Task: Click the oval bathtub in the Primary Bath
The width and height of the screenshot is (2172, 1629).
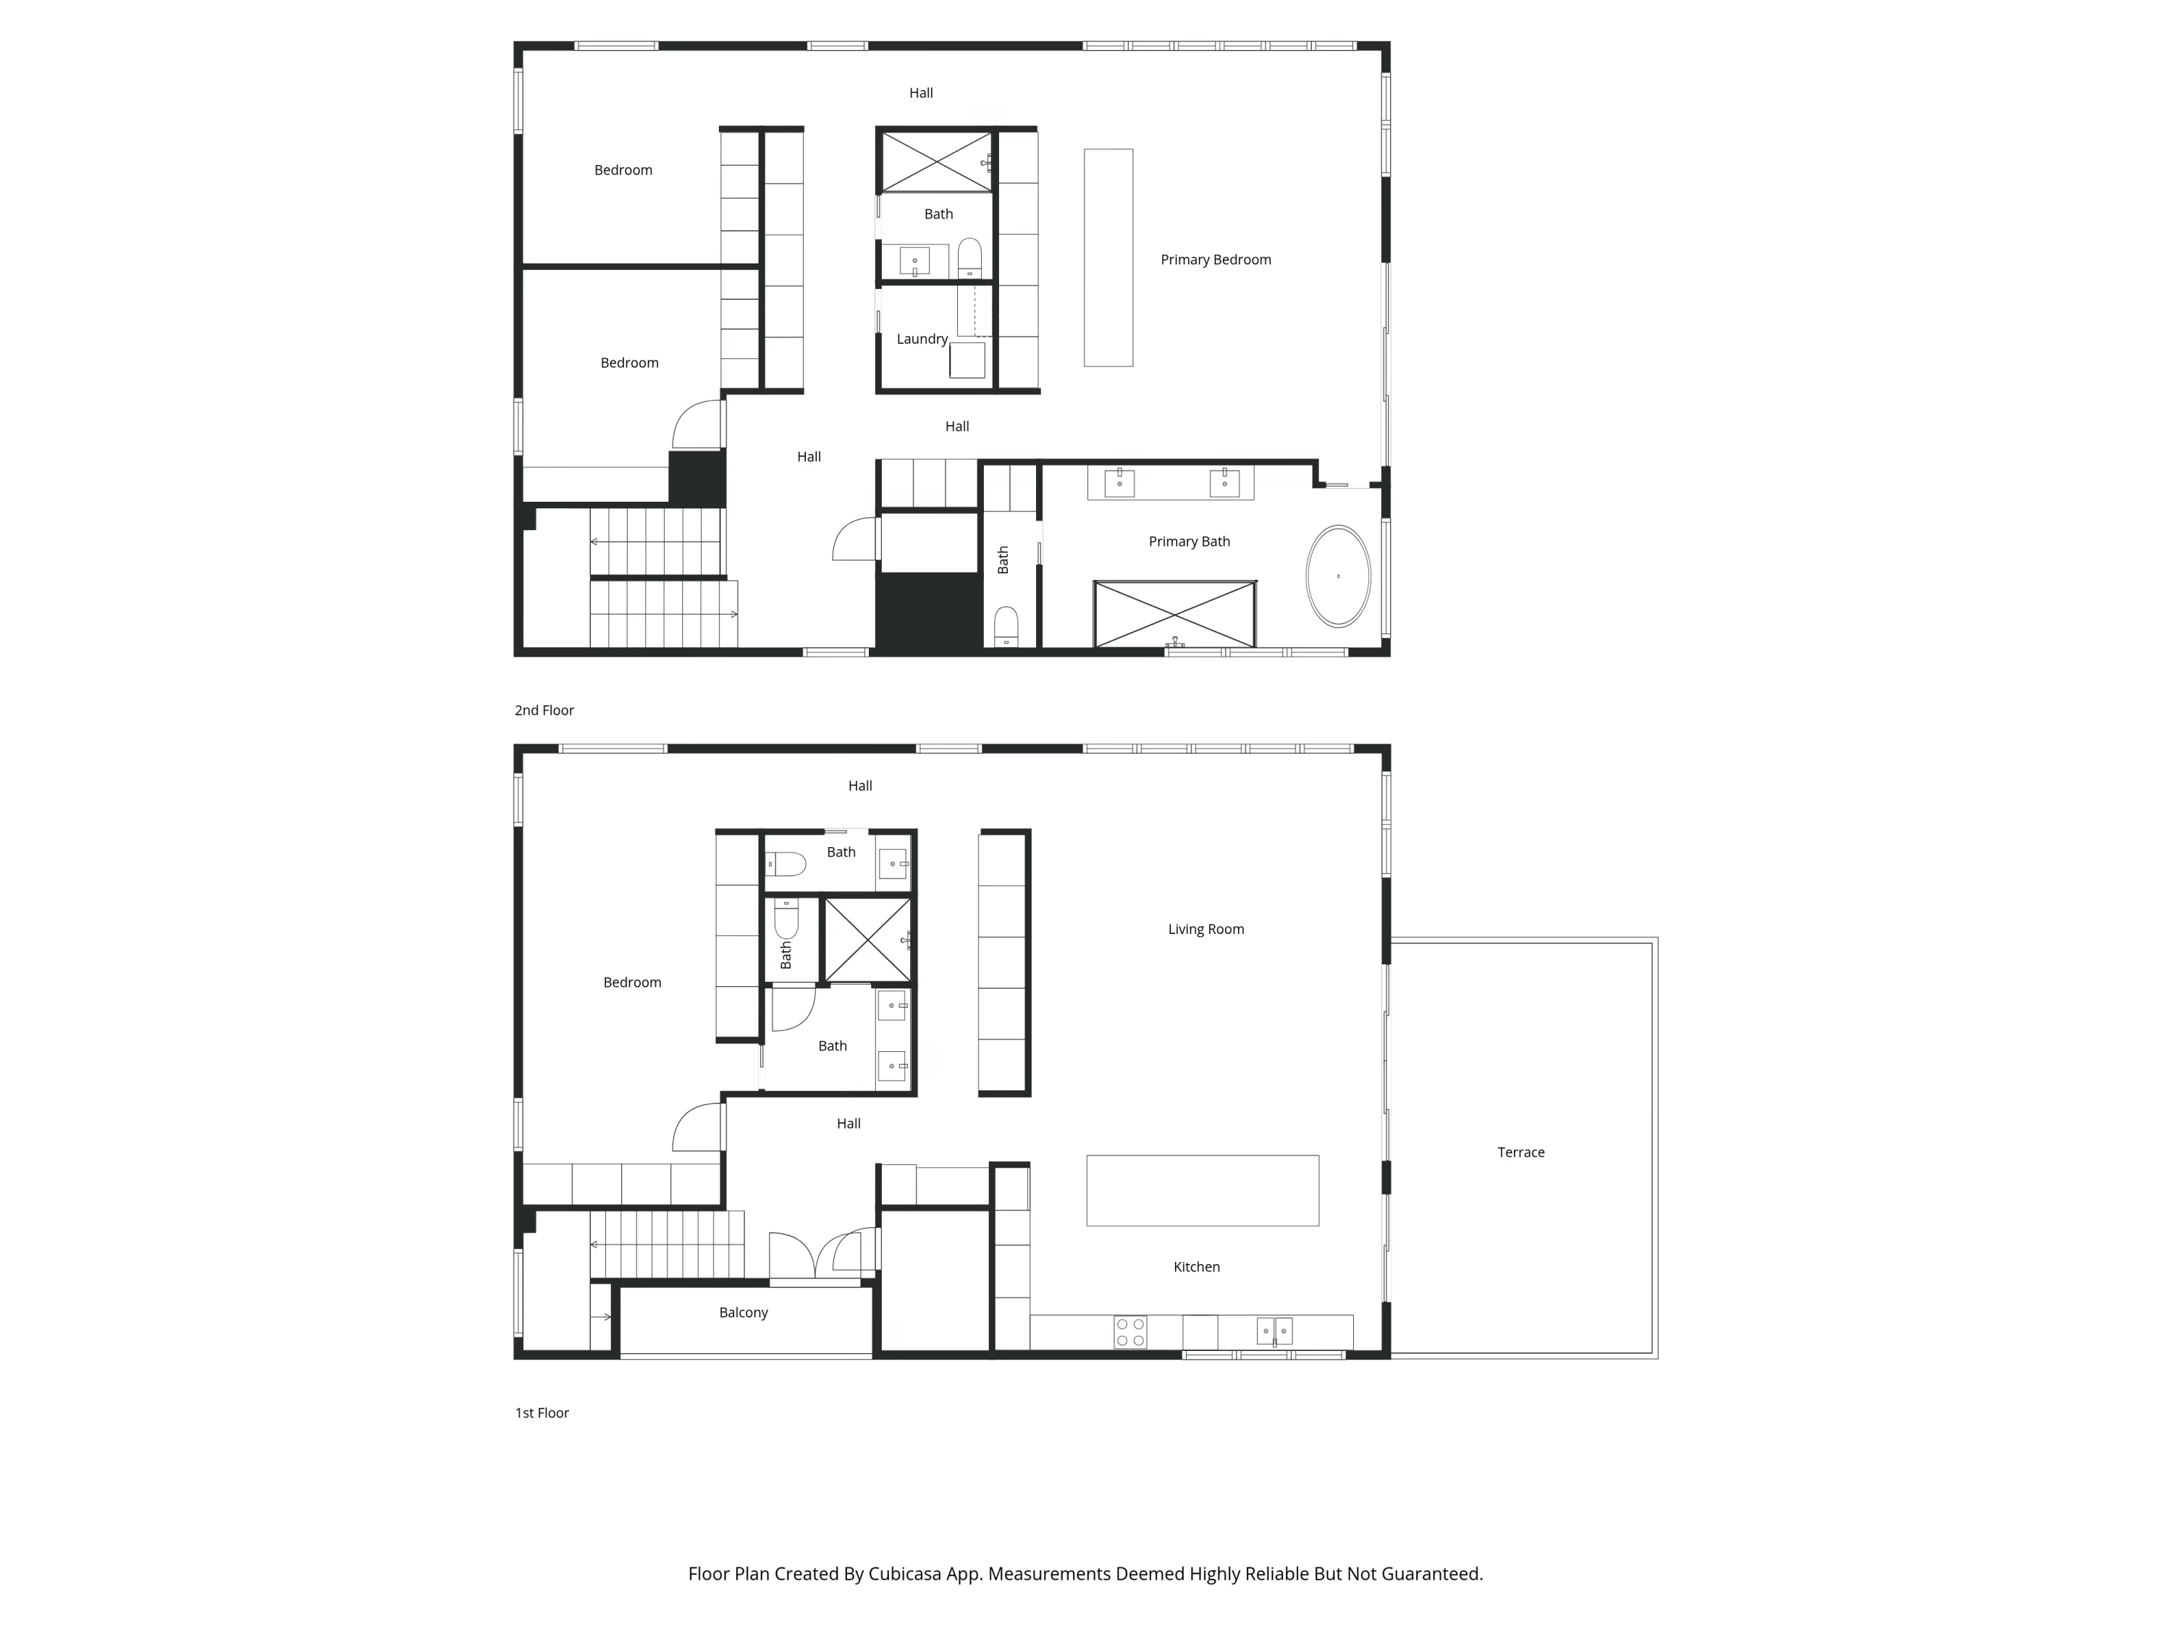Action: (x=1337, y=576)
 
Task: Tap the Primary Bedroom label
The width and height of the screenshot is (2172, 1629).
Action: (x=1216, y=259)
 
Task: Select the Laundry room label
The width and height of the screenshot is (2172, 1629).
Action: (x=921, y=339)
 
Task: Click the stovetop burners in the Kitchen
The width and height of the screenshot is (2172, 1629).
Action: (x=1130, y=1332)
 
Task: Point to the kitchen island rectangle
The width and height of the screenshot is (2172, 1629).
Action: (x=1202, y=1190)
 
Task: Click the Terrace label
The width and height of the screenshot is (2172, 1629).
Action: (x=1520, y=1152)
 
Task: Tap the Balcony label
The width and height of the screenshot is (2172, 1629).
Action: (x=744, y=1312)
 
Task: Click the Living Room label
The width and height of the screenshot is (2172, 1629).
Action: (x=1205, y=929)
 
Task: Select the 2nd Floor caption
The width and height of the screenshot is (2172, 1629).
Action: (x=544, y=710)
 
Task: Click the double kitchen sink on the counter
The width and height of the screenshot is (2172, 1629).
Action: (x=1274, y=1331)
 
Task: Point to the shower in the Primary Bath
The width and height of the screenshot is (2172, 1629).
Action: (x=1174, y=614)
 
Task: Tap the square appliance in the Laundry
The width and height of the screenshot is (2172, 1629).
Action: (x=967, y=359)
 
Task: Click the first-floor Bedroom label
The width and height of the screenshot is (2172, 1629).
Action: (x=631, y=982)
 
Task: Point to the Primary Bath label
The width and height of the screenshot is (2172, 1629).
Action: (x=1189, y=541)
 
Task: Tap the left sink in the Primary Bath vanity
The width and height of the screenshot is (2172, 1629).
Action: (x=1119, y=482)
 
